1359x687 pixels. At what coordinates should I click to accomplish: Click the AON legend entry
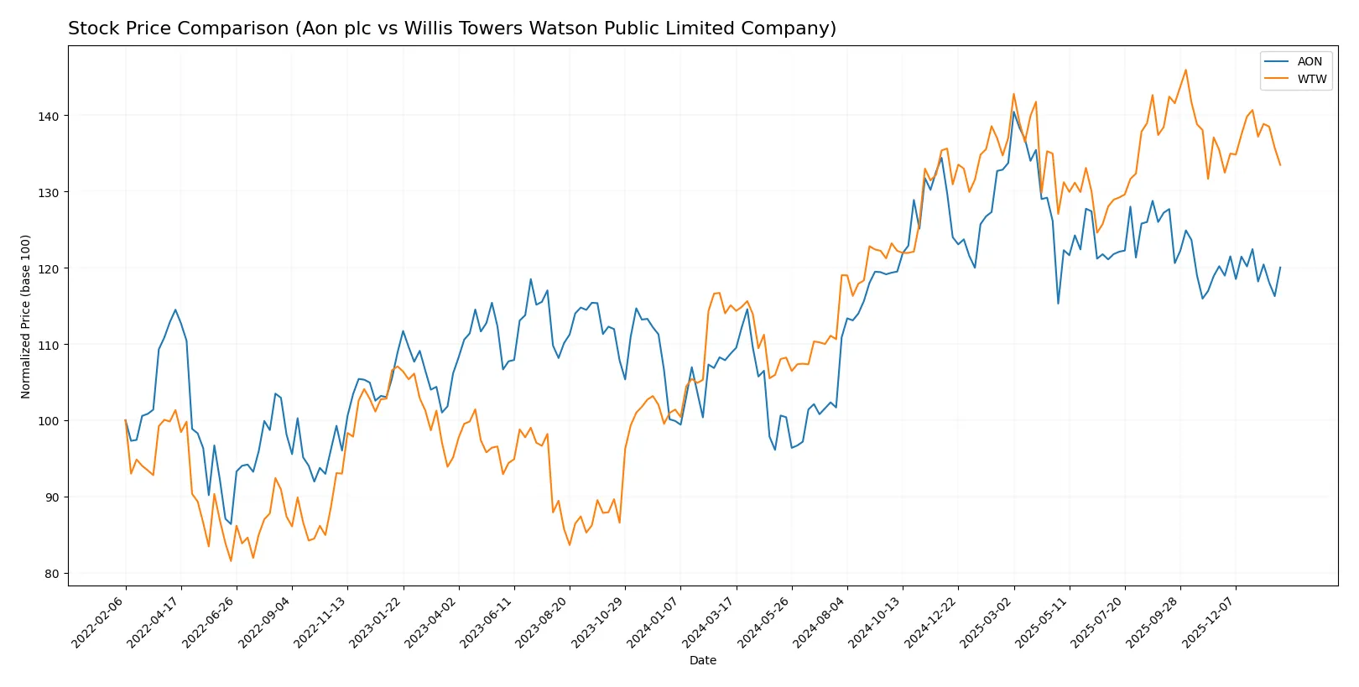tap(1309, 61)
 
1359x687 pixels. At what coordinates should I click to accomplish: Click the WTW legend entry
tap(1311, 79)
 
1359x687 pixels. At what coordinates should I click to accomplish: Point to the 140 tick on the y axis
tap(48, 116)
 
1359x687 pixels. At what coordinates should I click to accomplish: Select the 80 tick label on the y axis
tap(51, 574)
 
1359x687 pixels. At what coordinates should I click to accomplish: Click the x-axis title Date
tap(702, 660)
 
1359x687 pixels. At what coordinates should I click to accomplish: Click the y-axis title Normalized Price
tap(26, 316)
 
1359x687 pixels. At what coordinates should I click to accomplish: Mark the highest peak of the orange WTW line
tap(1185, 70)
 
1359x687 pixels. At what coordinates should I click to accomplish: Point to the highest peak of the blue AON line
tap(1013, 112)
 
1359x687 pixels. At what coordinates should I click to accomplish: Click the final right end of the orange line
tap(1280, 165)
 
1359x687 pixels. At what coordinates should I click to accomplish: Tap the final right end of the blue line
tap(1280, 268)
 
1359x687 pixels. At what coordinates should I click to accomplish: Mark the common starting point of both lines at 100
tap(126, 420)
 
